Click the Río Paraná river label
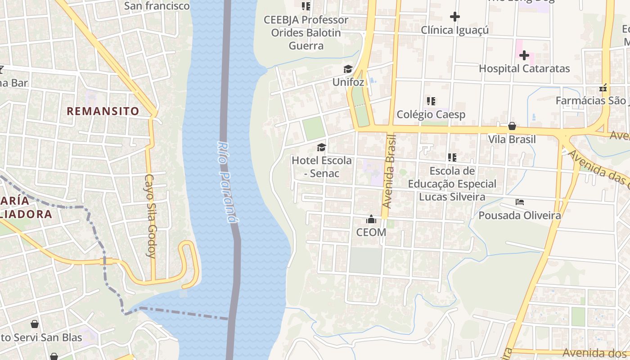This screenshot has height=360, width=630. [226, 182]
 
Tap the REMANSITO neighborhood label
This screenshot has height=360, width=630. [103, 111]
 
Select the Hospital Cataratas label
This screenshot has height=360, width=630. [524, 69]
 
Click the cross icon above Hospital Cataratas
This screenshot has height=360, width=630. [524, 55]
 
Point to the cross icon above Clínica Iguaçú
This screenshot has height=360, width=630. [455, 17]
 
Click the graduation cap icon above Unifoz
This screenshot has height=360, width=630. [348, 69]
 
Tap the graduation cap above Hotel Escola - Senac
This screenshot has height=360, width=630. [321, 147]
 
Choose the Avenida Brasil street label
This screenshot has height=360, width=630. [390, 171]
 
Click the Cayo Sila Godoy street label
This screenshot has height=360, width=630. [150, 216]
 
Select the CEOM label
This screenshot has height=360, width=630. [371, 232]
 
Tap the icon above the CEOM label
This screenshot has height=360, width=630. [371, 219]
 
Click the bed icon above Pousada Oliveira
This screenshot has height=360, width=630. [520, 202]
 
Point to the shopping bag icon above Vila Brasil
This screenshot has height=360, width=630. [512, 126]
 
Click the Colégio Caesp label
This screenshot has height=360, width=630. [431, 115]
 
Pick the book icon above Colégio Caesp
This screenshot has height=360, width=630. [431, 101]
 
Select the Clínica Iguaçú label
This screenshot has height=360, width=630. [454, 30]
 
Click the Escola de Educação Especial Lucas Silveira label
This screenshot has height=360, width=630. [452, 184]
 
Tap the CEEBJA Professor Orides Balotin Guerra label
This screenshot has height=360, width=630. [306, 33]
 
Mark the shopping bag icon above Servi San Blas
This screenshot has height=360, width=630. [35, 324]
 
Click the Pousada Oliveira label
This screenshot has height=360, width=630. [520, 216]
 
